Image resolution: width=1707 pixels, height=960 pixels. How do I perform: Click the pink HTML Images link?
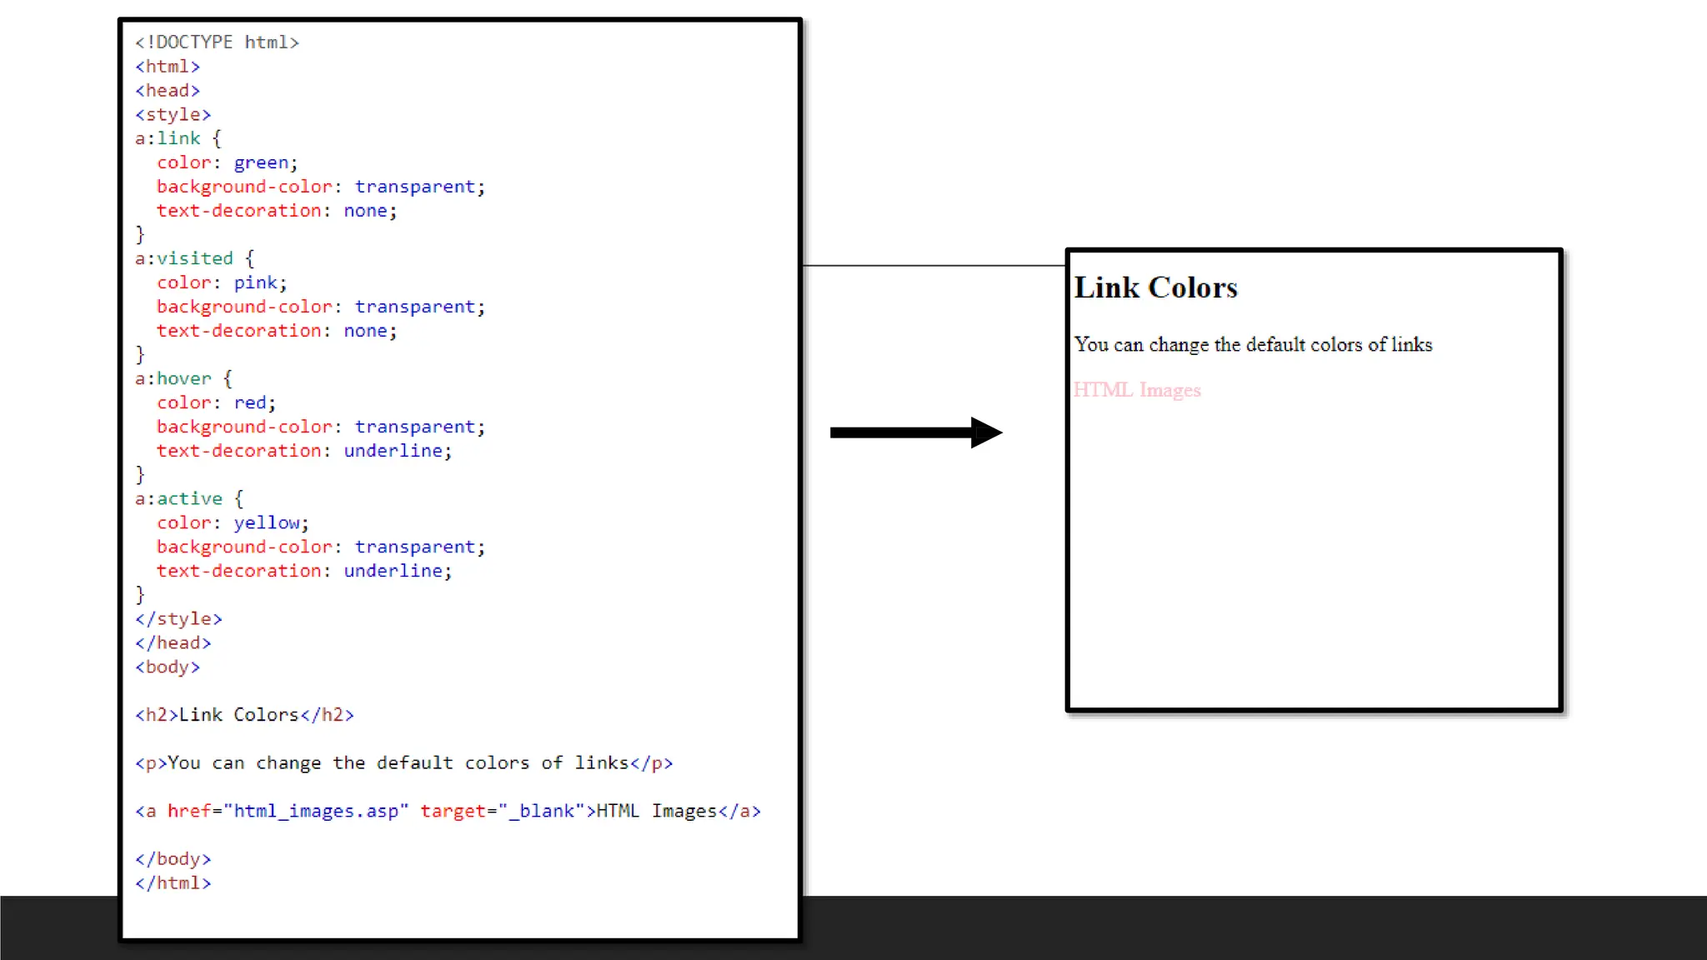coord(1137,390)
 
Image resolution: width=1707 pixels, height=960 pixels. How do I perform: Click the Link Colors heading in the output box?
coord(1155,287)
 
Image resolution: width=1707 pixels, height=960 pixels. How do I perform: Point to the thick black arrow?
coord(915,432)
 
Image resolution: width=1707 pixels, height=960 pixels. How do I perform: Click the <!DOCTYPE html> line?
coord(217,42)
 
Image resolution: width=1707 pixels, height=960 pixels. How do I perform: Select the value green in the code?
coord(261,162)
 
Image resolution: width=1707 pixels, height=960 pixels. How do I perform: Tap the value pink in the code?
coord(255,282)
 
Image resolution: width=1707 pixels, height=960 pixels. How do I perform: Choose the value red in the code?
coord(250,402)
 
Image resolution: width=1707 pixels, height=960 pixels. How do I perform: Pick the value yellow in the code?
coord(266,522)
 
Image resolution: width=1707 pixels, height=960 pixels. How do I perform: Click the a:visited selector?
coord(184,258)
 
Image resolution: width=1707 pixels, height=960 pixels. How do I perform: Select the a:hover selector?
coord(173,378)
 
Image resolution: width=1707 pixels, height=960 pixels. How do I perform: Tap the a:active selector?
coord(178,498)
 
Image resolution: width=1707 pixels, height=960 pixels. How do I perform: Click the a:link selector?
coord(168,138)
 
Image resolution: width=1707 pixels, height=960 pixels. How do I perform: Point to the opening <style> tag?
coord(173,114)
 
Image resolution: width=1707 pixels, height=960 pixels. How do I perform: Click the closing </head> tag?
coord(173,642)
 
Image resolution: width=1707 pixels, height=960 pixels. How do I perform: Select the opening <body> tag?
coord(168,667)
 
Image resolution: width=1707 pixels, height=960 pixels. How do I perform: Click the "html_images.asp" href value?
coord(316,811)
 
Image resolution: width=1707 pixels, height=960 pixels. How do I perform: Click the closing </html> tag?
coord(173,882)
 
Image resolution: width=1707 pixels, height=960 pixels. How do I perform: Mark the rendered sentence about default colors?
coord(1253,344)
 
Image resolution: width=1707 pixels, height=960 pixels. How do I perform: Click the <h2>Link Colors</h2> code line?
coord(244,714)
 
